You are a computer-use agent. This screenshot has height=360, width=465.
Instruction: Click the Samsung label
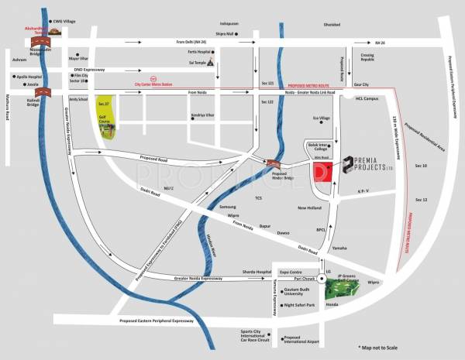[228, 207]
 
